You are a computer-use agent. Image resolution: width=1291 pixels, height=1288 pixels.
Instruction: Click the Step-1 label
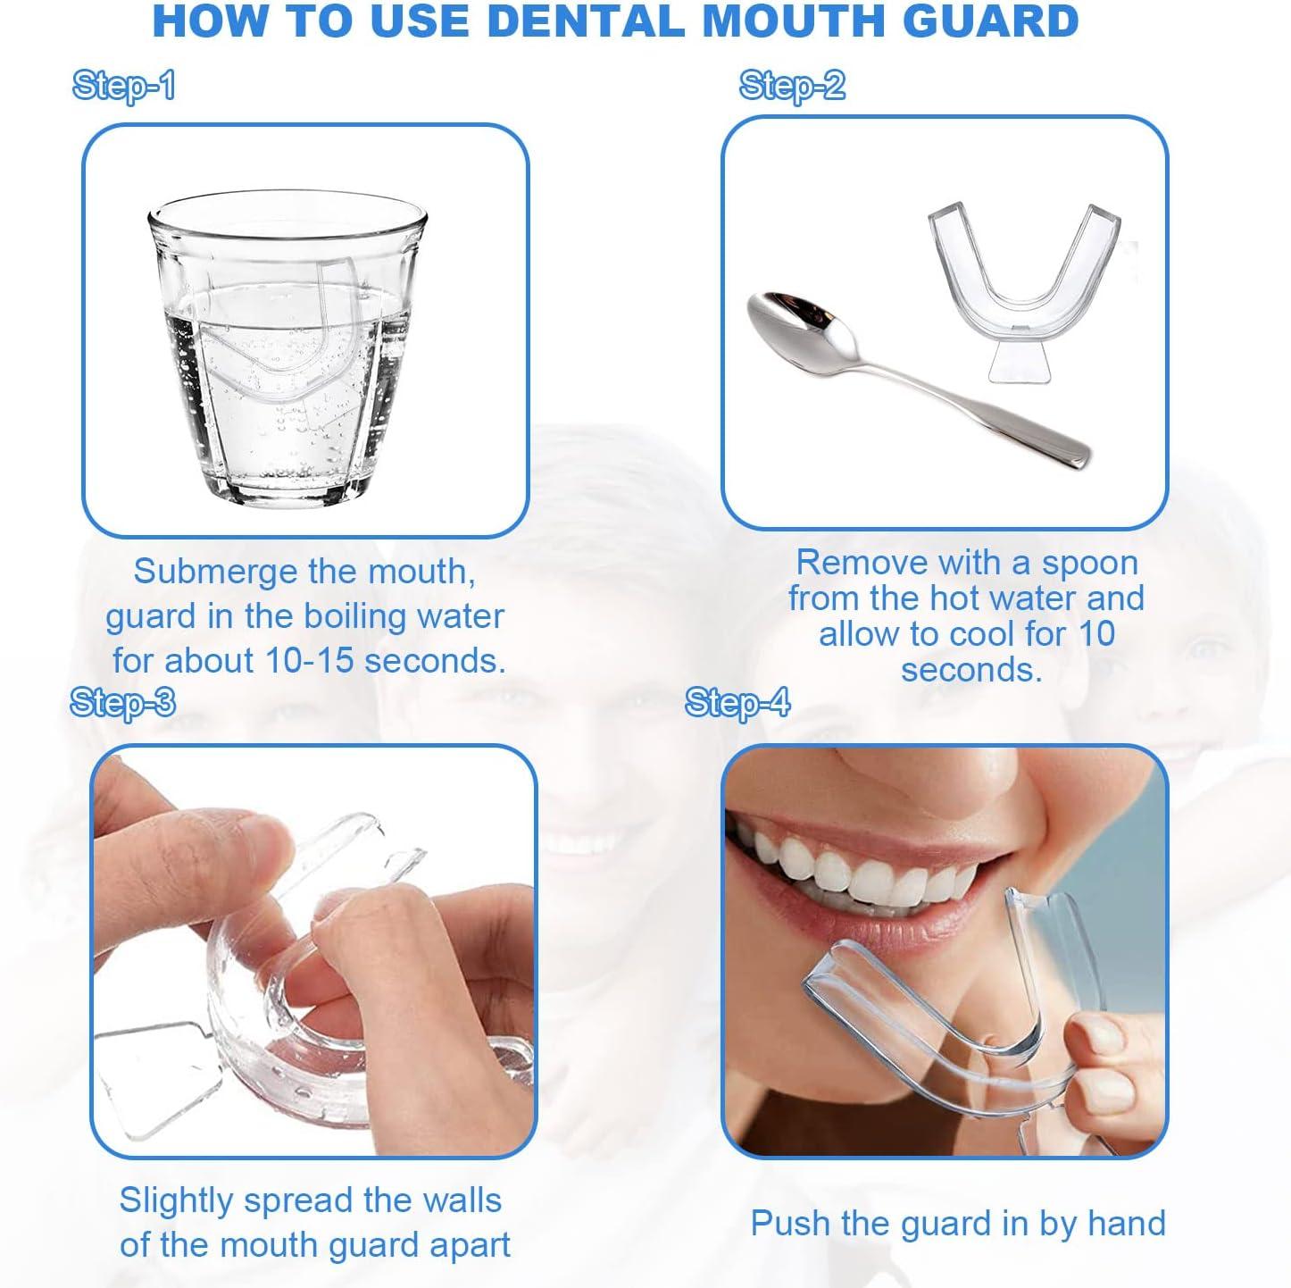[x=123, y=86]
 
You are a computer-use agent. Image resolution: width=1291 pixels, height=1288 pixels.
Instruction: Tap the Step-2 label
[x=791, y=86]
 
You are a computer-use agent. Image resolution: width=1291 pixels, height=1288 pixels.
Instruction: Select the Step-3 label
[x=122, y=703]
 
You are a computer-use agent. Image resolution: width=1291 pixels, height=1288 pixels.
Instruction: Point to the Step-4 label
[x=737, y=703]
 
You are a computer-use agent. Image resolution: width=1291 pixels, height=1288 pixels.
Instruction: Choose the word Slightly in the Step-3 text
[x=176, y=1200]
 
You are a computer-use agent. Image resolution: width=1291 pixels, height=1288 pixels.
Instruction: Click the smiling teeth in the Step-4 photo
[x=879, y=871]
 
